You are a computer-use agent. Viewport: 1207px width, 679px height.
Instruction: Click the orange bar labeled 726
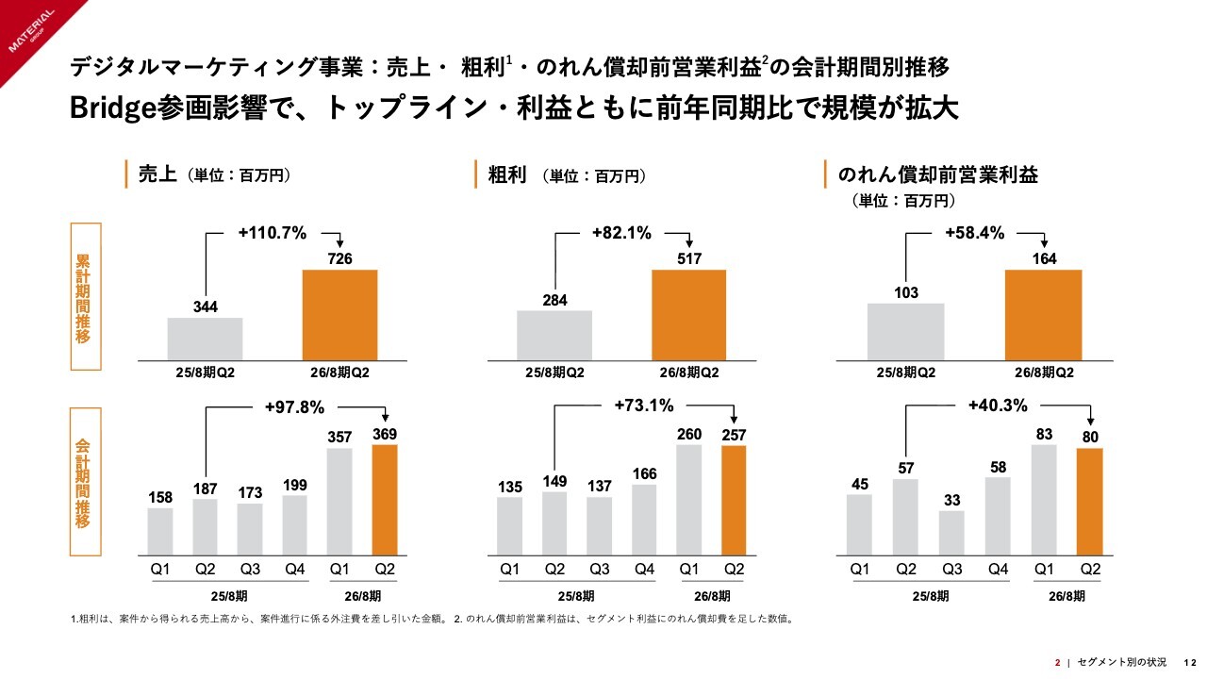pyautogui.click(x=339, y=314)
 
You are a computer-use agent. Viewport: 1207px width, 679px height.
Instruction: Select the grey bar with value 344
pyautogui.click(x=205, y=338)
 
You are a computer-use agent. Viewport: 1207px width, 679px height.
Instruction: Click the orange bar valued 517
pyautogui.click(x=689, y=314)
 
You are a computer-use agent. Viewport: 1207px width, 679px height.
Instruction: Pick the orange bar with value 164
pyautogui.click(x=1043, y=314)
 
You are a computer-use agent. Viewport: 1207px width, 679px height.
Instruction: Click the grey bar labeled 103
pyautogui.click(x=905, y=331)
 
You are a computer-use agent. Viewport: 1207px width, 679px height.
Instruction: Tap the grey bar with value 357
pyautogui.click(x=340, y=501)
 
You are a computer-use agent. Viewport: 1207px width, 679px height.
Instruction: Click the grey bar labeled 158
pyautogui.click(x=160, y=531)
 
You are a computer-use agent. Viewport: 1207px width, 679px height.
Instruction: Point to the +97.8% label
pyautogui.click(x=294, y=407)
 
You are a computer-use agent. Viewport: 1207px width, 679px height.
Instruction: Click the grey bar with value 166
pyautogui.click(x=644, y=519)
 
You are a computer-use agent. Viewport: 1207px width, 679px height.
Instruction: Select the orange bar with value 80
pyautogui.click(x=1089, y=501)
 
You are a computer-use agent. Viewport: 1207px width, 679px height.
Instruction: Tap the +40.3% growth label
pyautogui.click(x=998, y=406)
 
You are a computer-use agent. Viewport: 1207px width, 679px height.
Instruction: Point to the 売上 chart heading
pyautogui.click(x=157, y=174)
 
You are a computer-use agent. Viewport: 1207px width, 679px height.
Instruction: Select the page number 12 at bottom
pyautogui.click(x=1190, y=661)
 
